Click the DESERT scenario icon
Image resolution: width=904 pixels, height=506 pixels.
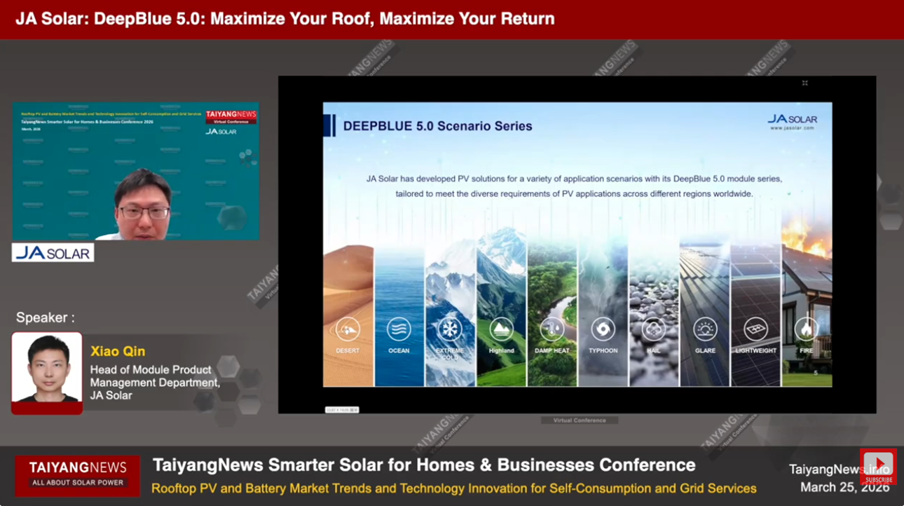point(348,329)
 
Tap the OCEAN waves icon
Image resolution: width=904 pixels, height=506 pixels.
point(399,329)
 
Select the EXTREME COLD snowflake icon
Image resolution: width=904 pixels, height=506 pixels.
point(450,329)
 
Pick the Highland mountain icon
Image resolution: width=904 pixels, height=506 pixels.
point(501,329)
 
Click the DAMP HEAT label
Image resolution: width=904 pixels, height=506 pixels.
point(552,350)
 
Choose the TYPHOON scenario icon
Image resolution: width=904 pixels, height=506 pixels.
point(603,329)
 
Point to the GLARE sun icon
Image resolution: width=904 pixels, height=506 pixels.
point(705,329)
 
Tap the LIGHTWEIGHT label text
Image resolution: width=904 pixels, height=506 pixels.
point(755,350)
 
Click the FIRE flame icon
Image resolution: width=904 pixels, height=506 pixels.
point(806,329)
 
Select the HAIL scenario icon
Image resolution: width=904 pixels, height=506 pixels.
point(654,329)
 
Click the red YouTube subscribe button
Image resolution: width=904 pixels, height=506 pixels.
point(878,466)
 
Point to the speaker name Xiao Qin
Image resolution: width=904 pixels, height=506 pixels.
point(118,351)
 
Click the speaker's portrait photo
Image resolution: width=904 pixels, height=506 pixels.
point(47,371)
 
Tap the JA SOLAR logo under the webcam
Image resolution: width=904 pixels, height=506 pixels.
point(53,253)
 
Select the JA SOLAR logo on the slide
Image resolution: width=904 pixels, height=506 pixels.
point(793,121)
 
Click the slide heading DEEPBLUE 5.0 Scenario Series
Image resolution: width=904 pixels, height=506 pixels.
point(437,127)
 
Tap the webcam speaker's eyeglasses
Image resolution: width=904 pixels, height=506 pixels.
point(144,212)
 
